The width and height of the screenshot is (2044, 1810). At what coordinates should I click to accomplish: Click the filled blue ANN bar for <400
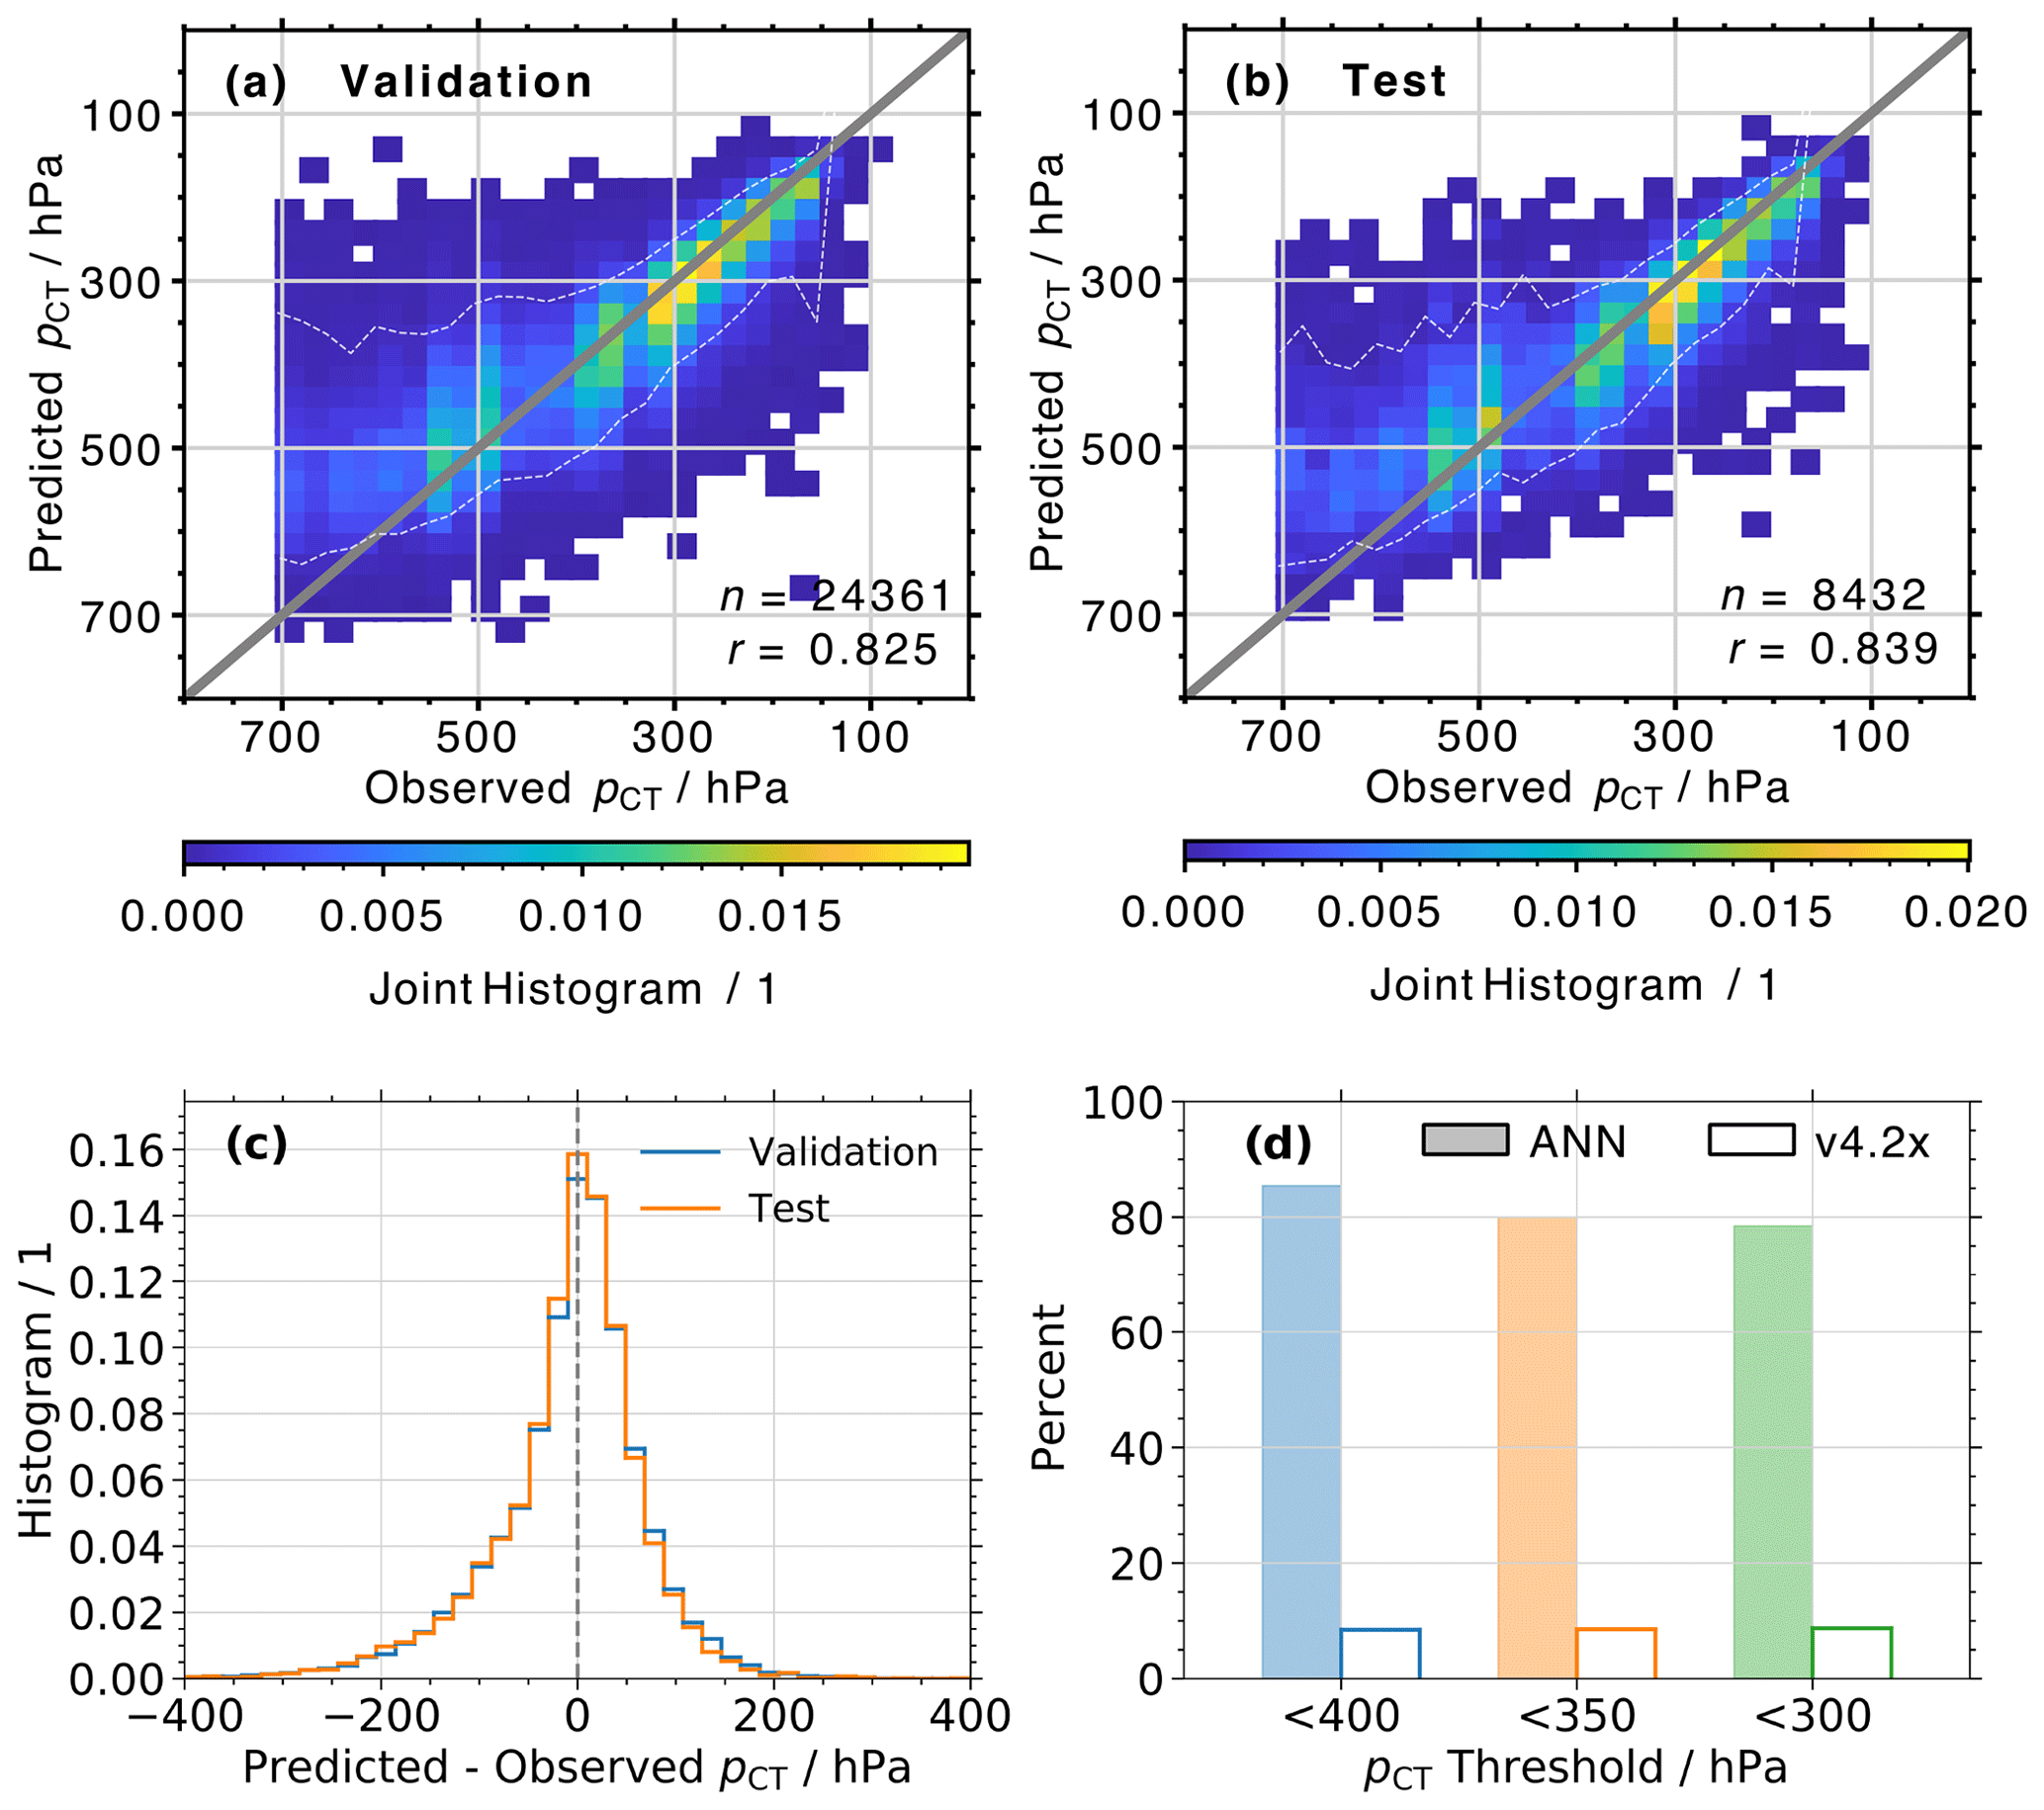(x=1301, y=1430)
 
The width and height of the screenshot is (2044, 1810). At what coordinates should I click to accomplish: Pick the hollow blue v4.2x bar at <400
(x=1380, y=1652)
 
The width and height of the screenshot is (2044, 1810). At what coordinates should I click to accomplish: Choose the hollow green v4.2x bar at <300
(x=1852, y=1652)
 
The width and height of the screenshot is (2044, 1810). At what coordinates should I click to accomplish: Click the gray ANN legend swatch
(x=1465, y=1140)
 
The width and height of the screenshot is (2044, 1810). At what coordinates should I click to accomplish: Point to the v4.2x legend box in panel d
(x=1751, y=1140)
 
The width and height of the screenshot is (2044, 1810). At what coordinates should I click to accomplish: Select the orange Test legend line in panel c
(x=680, y=1209)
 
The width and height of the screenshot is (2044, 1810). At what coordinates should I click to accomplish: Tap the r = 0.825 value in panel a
(x=833, y=650)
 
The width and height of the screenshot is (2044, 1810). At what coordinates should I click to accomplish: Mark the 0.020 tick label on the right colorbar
(x=1966, y=912)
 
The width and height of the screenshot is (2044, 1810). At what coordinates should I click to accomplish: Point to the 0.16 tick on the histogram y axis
(x=116, y=1152)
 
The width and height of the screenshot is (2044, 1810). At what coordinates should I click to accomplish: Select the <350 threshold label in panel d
(x=1576, y=1716)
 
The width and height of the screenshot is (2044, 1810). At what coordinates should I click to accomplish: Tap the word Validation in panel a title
(x=466, y=82)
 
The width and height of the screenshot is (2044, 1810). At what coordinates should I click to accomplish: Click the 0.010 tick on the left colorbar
(x=580, y=916)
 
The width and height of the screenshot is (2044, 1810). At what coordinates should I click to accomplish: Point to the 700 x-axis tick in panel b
(x=1281, y=737)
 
